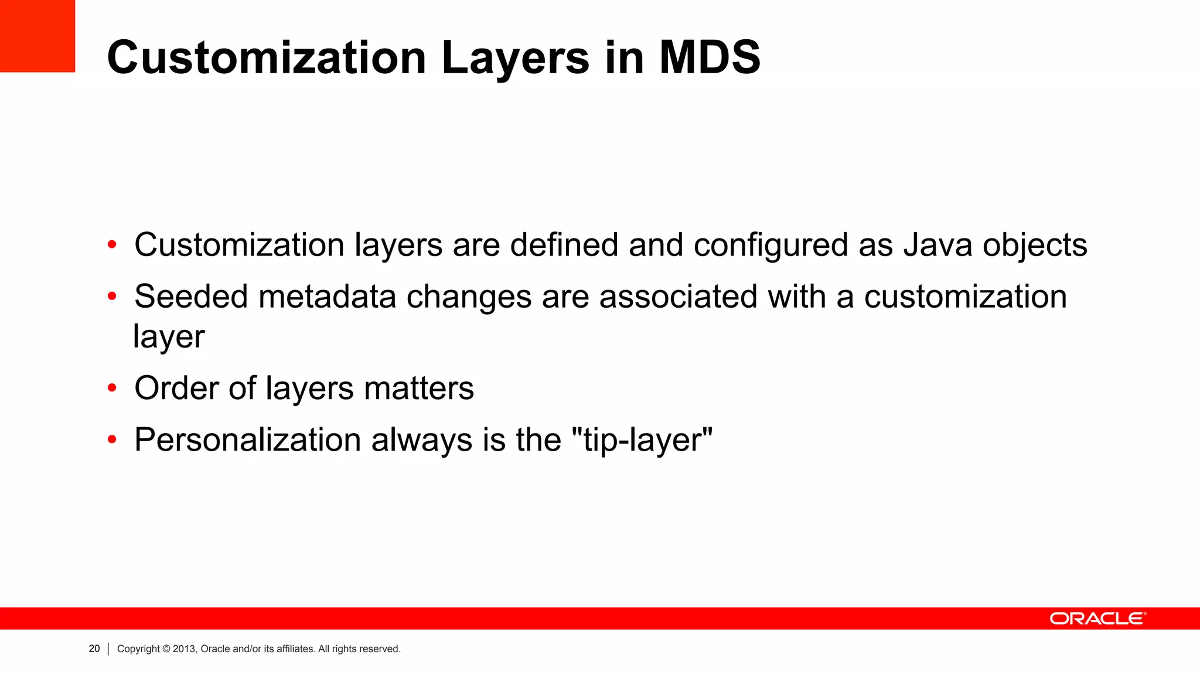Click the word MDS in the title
[x=710, y=57]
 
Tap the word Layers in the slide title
[x=516, y=57]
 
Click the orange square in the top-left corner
[x=37, y=36]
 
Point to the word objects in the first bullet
[x=1035, y=245]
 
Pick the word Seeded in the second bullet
[x=191, y=296]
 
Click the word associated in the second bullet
[x=678, y=296]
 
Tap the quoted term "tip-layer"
[x=642, y=439]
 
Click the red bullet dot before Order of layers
[x=112, y=388]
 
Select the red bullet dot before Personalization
[x=112, y=439]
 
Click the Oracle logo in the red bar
[x=1097, y=619]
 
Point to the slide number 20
[x=94, y=649]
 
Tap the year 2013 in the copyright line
[x=183, y=649]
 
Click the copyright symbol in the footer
[x=166, y=649]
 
